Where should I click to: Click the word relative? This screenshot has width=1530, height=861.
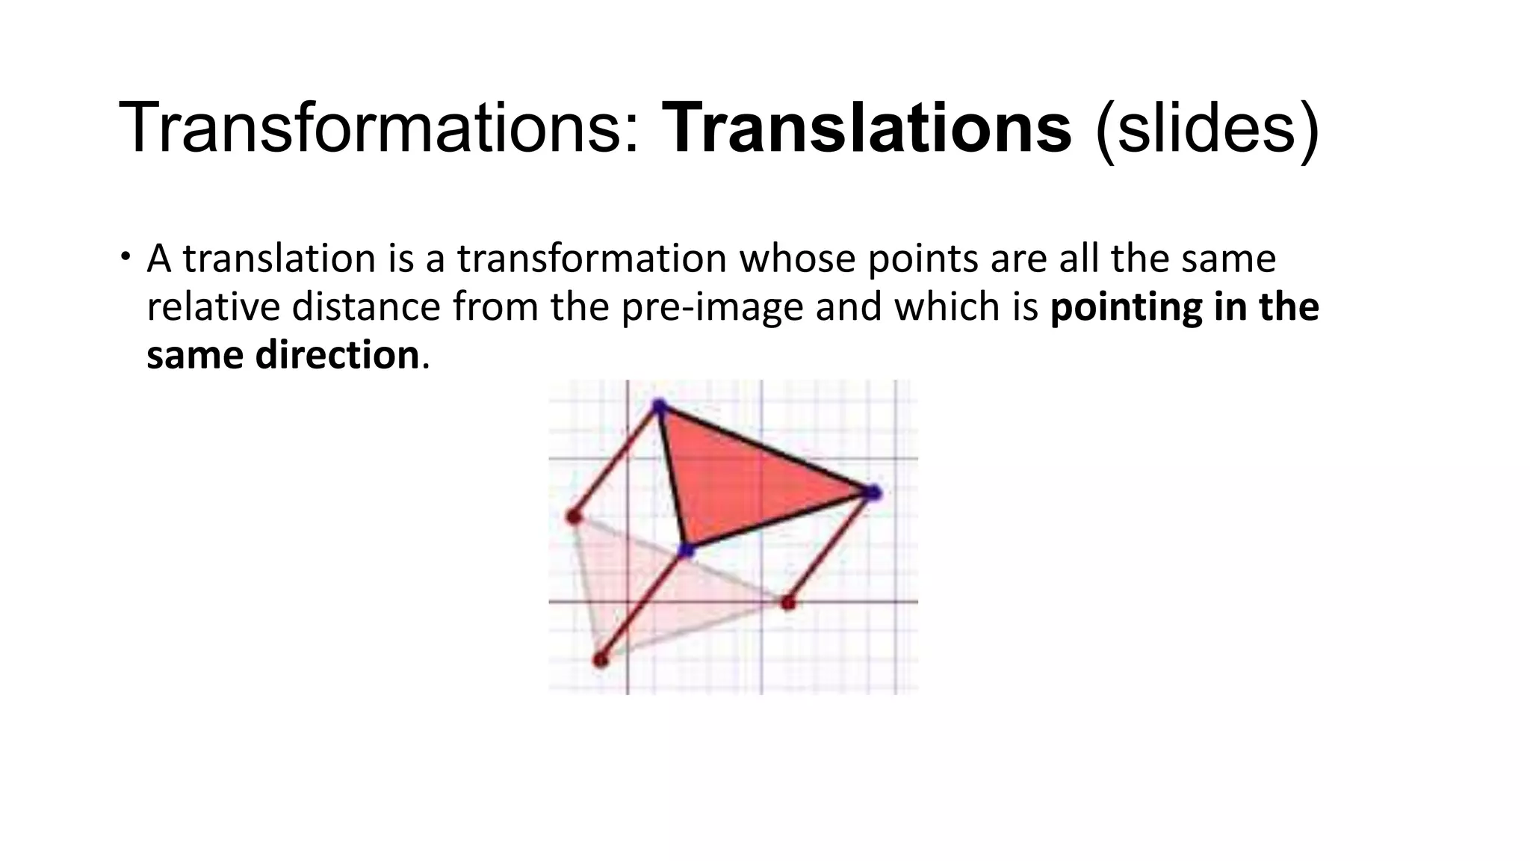click(x=212, y=307)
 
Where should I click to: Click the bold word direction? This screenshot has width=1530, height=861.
click(x=337, y=355)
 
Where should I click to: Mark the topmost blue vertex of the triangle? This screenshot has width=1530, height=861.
click(x=659, y=407)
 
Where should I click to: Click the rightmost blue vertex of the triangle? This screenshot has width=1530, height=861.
click(x=873, y=493)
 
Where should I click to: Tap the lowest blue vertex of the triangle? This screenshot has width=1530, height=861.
click(x=686, y=552)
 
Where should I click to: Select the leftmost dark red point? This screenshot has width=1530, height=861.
click(x=573, y=516)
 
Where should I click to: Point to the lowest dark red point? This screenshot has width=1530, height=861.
click(x=600, y=660)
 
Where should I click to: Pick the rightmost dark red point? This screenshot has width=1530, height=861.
click(x=787, y=602)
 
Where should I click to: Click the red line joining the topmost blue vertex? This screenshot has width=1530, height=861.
click(x=616, y=461)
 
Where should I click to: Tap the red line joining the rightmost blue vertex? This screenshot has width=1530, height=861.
click(x=830, y=547)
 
